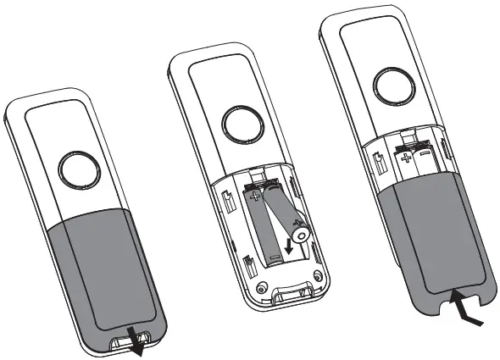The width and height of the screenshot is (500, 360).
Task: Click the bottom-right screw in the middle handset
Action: coord(319,276)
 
